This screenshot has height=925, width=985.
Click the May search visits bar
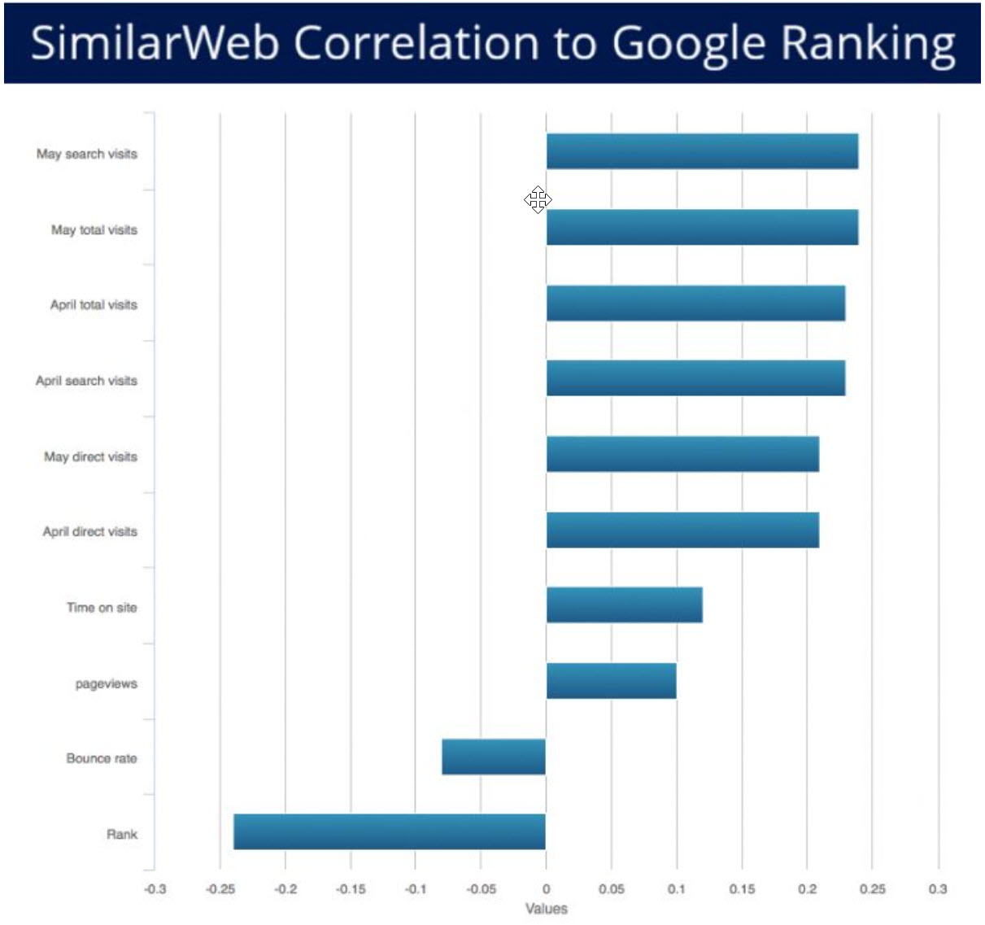click(x=702, y=151)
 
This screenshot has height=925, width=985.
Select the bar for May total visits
click(x=702, y=227)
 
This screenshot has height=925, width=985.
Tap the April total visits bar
click(x=695, y=303)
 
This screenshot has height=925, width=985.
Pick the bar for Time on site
click(x=624, y=604)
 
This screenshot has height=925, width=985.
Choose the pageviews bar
click(x=611, y=681)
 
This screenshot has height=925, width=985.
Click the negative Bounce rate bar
click(x=494, y=757)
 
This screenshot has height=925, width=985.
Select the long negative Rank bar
click(x=390, y=831)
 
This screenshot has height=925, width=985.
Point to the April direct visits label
click(x=89, y=531)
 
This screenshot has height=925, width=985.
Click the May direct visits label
click(x=90, y=456)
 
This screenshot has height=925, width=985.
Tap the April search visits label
click(x=86, y=381)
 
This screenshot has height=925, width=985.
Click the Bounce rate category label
click(x=102, y=758)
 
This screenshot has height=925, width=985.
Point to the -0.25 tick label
click(x=220, y=889)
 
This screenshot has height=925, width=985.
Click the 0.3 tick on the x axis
click(x=938, y=889)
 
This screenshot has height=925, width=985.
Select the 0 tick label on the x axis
click(x=546, y=889)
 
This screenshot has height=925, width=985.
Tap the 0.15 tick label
click(x=742, y=889)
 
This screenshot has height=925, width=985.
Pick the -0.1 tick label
click(x=415, y=889)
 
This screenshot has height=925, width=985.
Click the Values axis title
click(x=546, y=909)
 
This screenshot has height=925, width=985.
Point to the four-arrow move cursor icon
click(x=538, y=199)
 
